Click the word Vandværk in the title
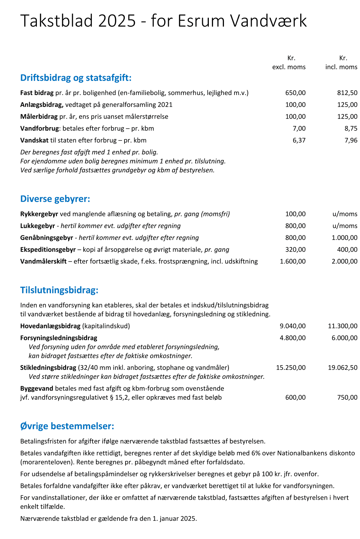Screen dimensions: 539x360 (x=269, y=21)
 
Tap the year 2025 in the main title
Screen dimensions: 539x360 (x=117, y=21)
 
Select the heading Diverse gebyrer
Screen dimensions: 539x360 (x=55, y=199)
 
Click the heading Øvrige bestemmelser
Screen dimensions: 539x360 (x=67, y=426)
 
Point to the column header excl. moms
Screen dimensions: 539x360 (x=289, y=67)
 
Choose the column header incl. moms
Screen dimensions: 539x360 (x=341, y=67)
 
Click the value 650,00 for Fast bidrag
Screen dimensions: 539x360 (x=295, y=93)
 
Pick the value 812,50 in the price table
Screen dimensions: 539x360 (x=347, y=93)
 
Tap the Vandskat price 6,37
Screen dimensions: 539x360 (x=299, y=140)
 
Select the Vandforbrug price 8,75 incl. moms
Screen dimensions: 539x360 (x=351, y=128)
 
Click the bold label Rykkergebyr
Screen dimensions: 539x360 (x=39, y=214)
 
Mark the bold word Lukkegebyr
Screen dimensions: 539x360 (x=38, y=226)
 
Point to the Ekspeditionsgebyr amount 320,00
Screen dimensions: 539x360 (x=295, y=249)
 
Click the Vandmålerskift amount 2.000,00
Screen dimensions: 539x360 (x=344, y=261)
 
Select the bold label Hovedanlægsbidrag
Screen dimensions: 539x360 (x=50, y=326)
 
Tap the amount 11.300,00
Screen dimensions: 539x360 (x=342, y=326)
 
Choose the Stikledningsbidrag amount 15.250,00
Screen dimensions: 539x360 (x=291, y=368)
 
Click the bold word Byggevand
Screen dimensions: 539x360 (x=37, y=388)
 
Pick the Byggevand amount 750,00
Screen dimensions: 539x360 (x=347, y=398)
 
